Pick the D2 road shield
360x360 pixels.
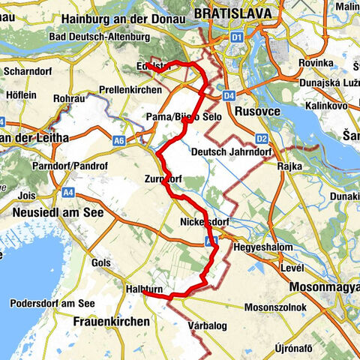pyautogui.click(x=261, y=139)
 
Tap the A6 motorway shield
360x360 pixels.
pyautogui.click(x=118, y=139)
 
